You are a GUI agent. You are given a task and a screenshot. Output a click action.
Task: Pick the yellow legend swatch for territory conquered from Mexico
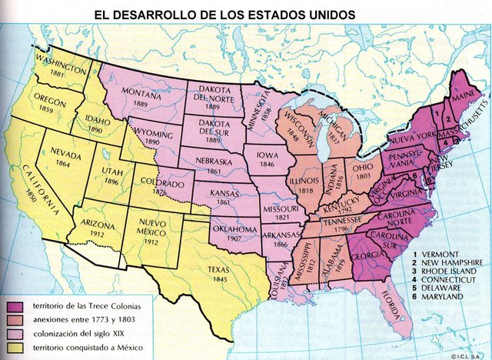coord(15,350)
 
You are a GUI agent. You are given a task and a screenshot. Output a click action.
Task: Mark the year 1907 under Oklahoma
coord(234,237)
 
